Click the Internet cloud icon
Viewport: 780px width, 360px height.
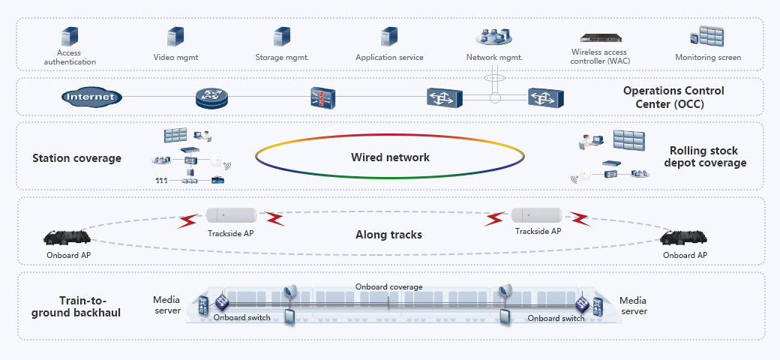click(x=90, y=97)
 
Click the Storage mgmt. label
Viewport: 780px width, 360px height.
click(x=282, y=58)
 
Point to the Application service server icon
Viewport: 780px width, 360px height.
click(x=388, y=37)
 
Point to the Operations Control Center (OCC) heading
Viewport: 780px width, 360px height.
click(x=673, y=97)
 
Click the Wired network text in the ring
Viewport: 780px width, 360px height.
click(x=390, y=157)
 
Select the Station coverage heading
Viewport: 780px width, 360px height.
click(x=76, y=158)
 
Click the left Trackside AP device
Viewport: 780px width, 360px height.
click(x=232, y=215)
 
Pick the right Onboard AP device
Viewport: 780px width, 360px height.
click(x=684, y=238)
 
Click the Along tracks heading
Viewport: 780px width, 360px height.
click(x=388, y=235)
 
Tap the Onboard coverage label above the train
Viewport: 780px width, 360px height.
click(x=388, y=286)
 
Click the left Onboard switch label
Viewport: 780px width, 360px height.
click(x=241, y=318)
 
